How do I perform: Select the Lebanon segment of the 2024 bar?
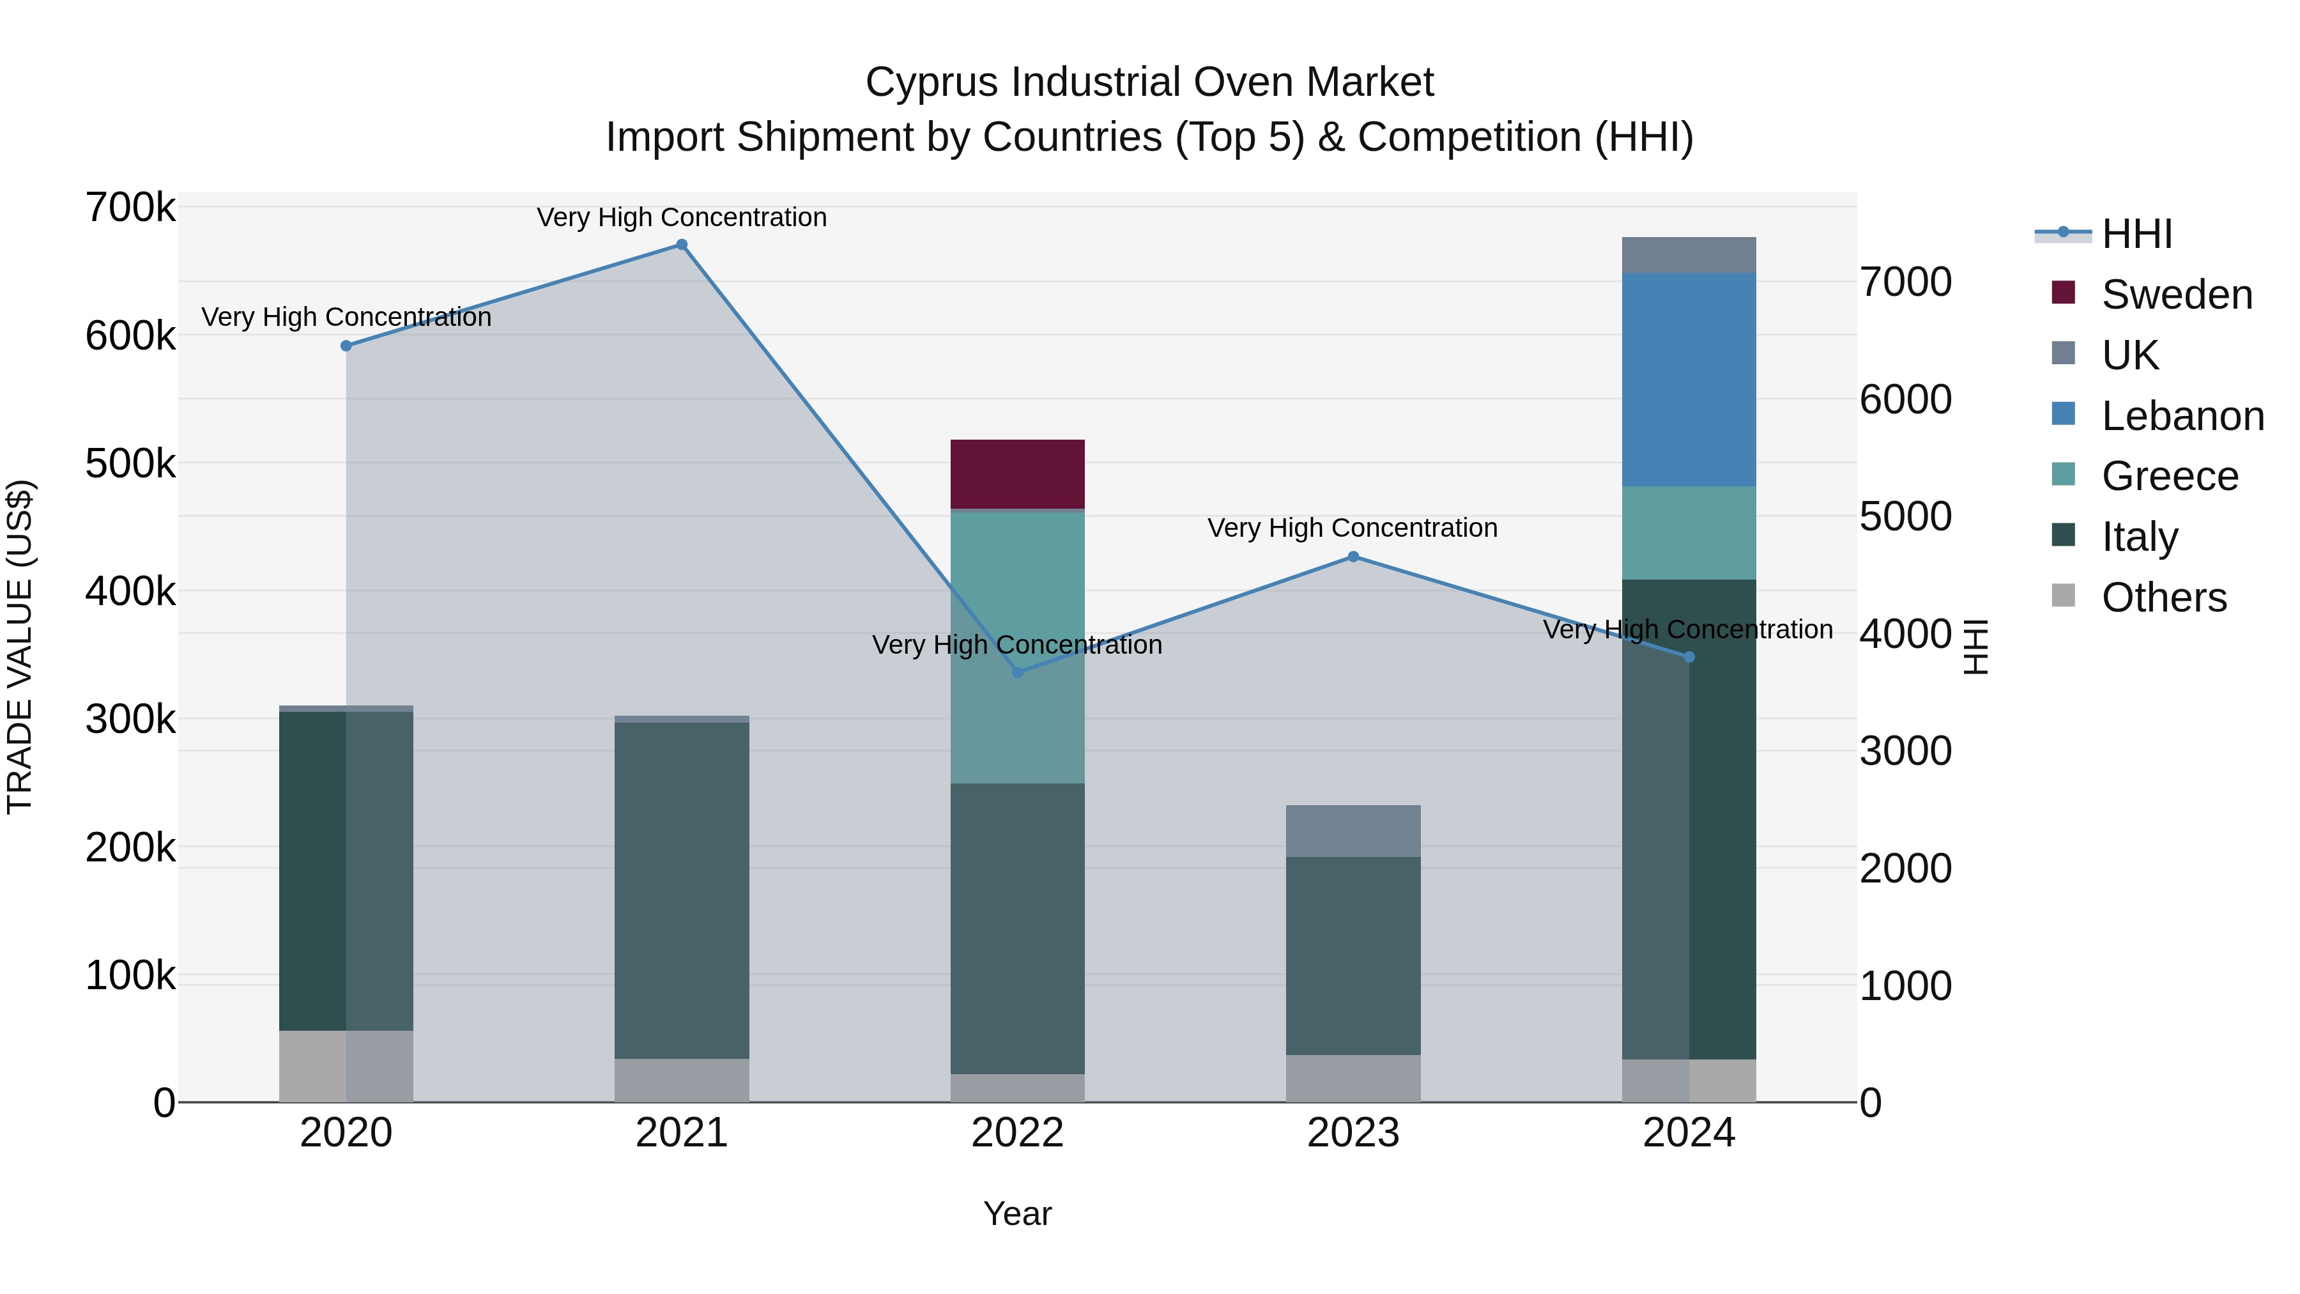pos(1689,380)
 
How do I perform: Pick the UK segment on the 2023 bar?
pos(1353,831)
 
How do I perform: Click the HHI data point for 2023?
pos(1353,557)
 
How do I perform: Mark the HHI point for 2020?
pos(346,346)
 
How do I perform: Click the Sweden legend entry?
pos(2177,295)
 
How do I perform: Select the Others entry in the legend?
pos(2163,597)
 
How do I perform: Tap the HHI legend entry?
pos(2136,234)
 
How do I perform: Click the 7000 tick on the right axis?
pos(1905,282)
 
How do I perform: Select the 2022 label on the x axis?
pos(1017,1133)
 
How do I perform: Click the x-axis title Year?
pos(1017,1213)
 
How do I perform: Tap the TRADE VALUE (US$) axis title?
pos(20,647)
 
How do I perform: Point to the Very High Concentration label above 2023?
pos(1352,528)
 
